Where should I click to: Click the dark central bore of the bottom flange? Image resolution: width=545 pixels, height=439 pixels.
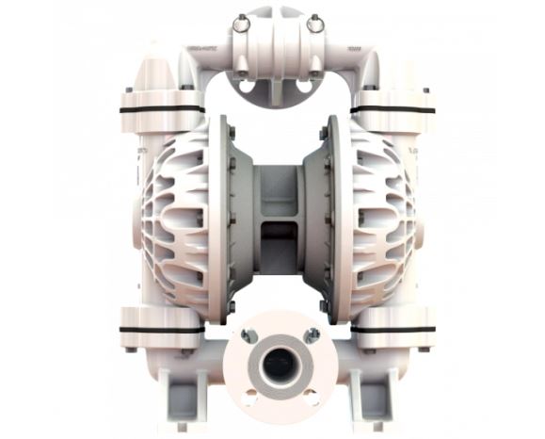point(280,364)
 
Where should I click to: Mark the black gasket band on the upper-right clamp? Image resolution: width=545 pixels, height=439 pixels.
point(394,109)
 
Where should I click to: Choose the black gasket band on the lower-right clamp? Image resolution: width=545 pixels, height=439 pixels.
point(396,330)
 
